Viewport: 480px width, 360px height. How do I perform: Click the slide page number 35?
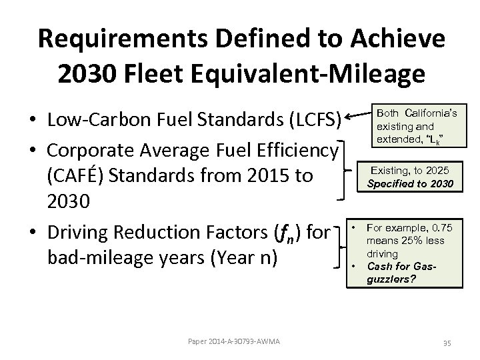coord(446,343)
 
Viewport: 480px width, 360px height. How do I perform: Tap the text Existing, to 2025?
coord(414,171)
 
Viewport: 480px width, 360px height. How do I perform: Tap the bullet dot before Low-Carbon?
coord(31,123)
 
